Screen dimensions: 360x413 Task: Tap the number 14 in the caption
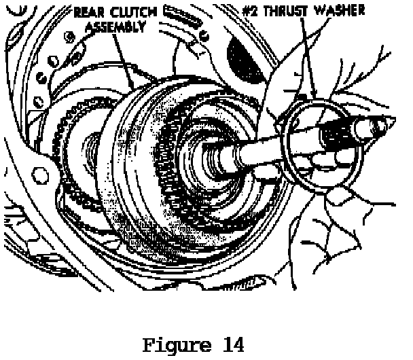231,344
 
